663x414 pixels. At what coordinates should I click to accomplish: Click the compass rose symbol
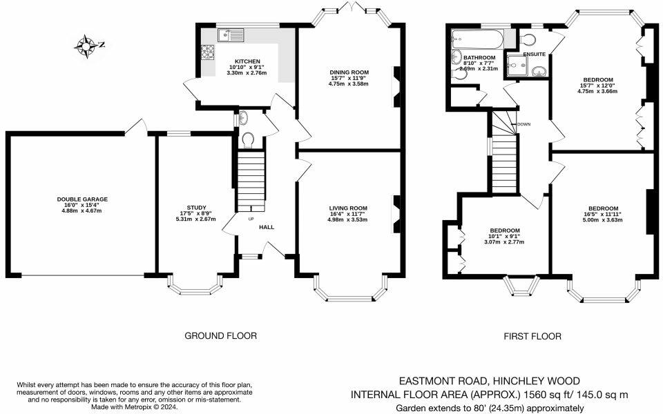click(x=88, y=46)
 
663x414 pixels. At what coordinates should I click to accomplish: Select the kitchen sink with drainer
click(x=231, y=34)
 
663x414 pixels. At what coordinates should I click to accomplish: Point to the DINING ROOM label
click(x=349, y=72)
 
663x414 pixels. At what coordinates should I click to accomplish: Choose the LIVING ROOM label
click(x=348, y=208)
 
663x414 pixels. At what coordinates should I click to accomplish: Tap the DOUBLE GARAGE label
click(x=82, y=199)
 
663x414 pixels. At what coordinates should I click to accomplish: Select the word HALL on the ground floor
click(x=267, y=226)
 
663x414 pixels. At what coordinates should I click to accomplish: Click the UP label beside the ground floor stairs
click(x=251, y=219)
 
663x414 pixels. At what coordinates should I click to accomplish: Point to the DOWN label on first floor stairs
click(x=523, y=124)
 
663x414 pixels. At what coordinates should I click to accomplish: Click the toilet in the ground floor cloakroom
click(x=249, y=141)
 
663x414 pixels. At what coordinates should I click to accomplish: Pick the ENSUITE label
click(x=535, y=54)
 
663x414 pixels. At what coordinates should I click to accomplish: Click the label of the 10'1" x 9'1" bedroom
click(x=505, y=230)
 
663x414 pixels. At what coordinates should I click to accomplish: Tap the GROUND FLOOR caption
click(x=220, y=336)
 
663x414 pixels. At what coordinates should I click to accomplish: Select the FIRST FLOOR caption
click(x=532, y=336)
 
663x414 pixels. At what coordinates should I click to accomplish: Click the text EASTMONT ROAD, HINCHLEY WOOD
click(x=490, y=381)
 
